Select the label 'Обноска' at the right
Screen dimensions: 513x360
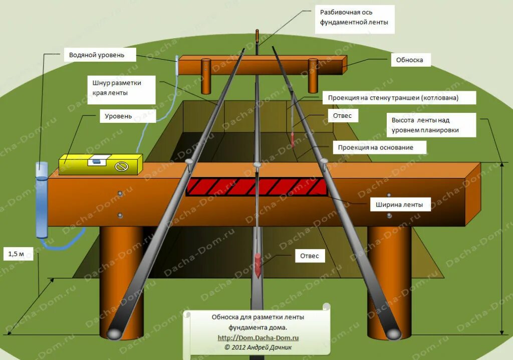pos(410,60)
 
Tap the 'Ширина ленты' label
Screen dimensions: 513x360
pos(400,205)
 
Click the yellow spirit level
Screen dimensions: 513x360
pos(100,163)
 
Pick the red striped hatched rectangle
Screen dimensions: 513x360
pos(256,187)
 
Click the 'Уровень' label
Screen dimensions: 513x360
pos(118,116)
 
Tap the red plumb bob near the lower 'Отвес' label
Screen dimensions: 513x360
pos(258,263)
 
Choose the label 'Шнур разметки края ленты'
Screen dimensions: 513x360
pos(117,88)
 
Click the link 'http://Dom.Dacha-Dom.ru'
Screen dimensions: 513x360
pos(258,338)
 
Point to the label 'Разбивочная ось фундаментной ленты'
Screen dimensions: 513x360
pos(354,18)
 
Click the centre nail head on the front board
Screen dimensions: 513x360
pos(257,165)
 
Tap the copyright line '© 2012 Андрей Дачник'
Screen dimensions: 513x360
pos(258,347)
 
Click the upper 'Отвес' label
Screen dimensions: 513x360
pos(343,116)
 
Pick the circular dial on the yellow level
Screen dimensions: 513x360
pos(121,166)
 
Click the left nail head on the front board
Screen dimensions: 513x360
pos(189,161)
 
